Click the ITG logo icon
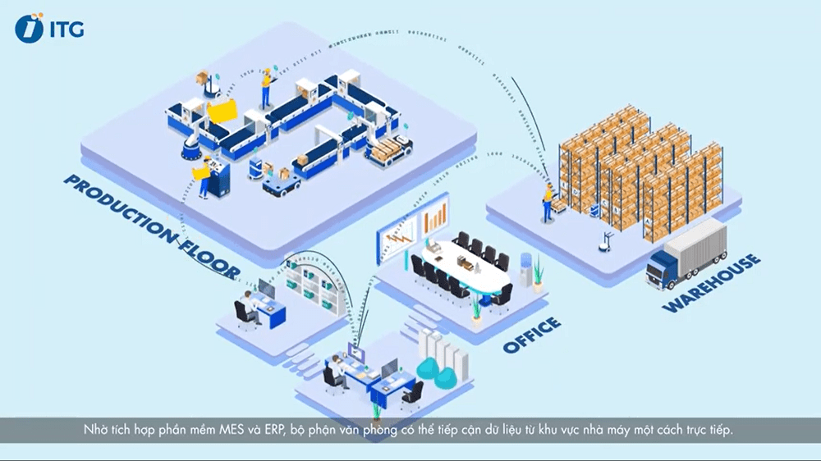pyautogui.click(x=29, y=29)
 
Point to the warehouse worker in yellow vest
pyautogui.click(x=547, y=202)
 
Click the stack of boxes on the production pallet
pyautogui.click(x=381, y=147)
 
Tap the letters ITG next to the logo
pyautogui.click(x=66, y=30)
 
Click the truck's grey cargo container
pyautogui.click(x=699, y=247)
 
